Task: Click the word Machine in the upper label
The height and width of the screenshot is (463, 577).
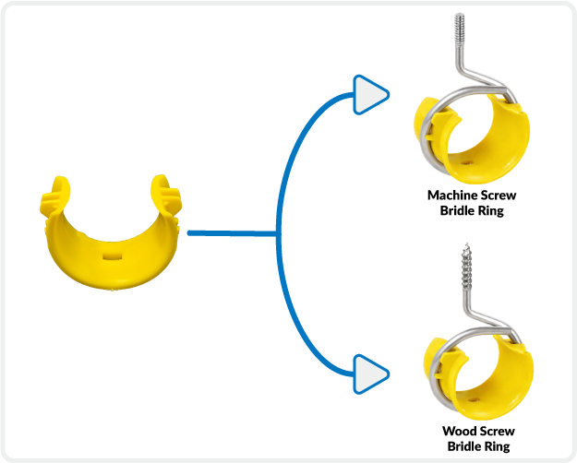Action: coord(451,196)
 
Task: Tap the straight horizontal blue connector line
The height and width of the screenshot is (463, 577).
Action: coord(231,233)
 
